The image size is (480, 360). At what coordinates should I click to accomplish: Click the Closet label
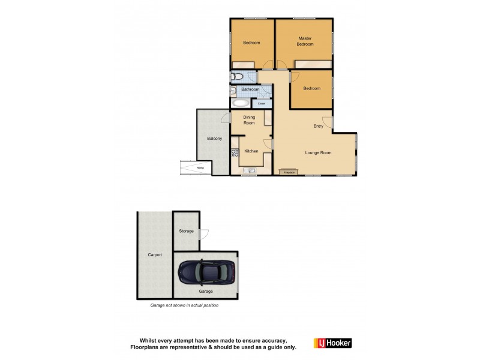click(x=262, y=103)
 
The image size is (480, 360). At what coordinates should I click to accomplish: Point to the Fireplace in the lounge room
click(x=289, y=172)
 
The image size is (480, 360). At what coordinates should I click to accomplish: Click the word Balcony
click(x=214, y=139)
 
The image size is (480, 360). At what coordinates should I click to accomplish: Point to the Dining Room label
click(x=248, y=120)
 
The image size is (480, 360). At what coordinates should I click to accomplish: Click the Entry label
click(x=318, y=126)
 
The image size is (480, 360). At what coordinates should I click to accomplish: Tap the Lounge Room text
click(x=318, y=153)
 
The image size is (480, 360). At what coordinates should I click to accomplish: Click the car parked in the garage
click(x=206, y=273)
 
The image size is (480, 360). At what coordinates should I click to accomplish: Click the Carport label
click(x=155, y=255)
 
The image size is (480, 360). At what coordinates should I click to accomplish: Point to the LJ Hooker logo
click(x=332, y=343)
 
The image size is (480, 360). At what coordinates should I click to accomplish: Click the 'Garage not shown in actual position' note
click(x=184, y=305)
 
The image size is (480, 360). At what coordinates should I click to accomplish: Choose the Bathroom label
click(x=250, y=89)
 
